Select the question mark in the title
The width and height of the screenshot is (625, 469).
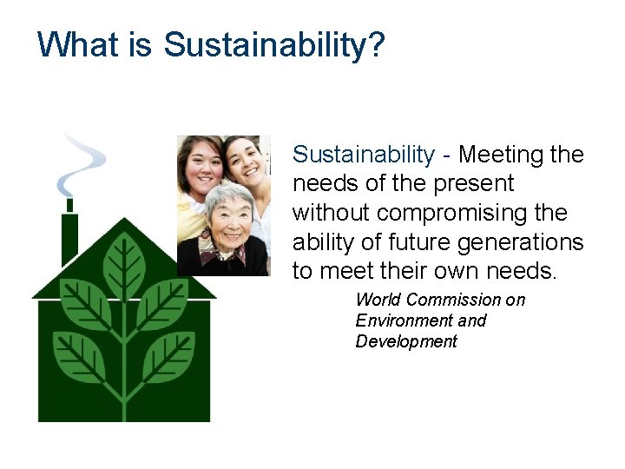coord(375,44)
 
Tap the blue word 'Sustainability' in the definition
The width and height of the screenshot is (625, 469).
coord(363,155)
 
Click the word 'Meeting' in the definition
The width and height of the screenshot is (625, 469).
coord(501,155)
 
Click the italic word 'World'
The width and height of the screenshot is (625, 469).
coord(378,300)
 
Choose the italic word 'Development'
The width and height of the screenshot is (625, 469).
coord(405,341)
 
